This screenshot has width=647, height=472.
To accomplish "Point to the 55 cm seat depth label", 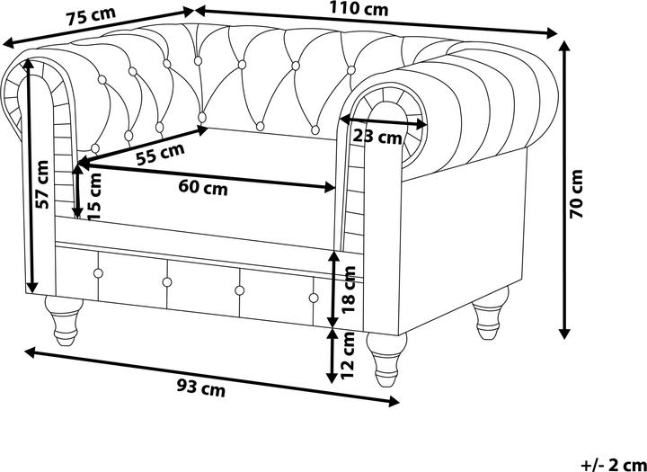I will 160,154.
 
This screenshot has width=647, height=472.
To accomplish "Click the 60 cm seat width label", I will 202,188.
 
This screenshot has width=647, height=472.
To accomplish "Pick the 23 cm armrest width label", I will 377,138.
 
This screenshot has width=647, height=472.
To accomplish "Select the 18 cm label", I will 350,289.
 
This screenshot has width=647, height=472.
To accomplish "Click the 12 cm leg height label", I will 350,354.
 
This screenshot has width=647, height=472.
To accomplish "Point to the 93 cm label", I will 199,388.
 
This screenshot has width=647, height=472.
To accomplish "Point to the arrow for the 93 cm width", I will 211,375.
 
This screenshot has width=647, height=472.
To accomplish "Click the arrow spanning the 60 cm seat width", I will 207,176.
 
